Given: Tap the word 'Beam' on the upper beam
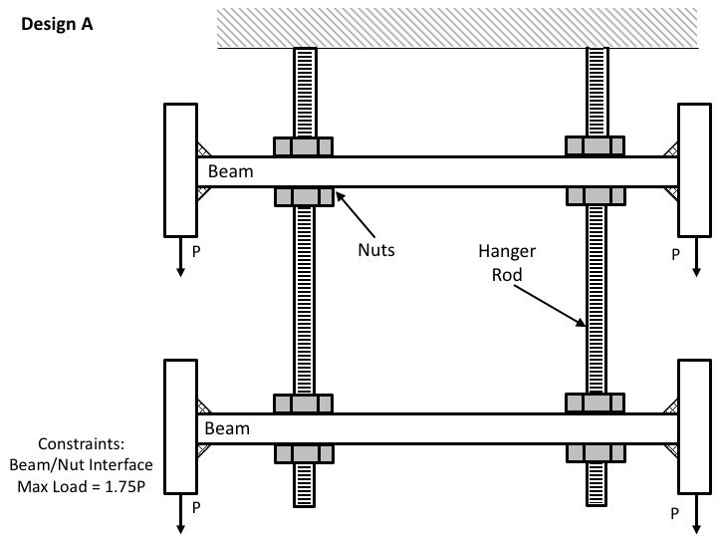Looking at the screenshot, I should point(231,171).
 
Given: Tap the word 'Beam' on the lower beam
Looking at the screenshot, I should point(228,428).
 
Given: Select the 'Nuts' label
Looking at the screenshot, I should point(376,250).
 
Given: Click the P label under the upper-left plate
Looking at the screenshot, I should point(197,254).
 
